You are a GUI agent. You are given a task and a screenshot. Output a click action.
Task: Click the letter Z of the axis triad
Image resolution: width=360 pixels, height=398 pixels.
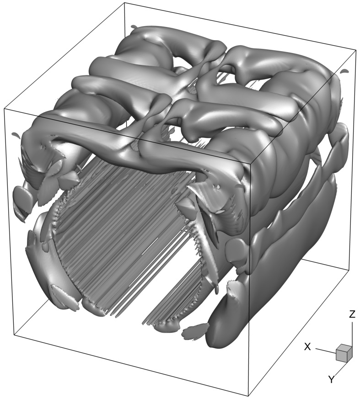pos(352,314)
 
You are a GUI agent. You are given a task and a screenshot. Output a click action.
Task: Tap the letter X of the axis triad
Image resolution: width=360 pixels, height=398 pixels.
pos(307,346)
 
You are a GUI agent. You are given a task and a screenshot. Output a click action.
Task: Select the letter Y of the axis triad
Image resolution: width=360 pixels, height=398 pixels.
pos(331,379)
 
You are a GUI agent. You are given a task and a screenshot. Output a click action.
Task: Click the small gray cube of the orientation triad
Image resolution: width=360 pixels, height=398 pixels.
pos(344,353)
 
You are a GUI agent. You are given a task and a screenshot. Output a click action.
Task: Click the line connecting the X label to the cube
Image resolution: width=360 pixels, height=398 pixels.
pos(326,351)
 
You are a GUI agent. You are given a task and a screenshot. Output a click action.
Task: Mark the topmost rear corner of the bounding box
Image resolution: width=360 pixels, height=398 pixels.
pos(124,3)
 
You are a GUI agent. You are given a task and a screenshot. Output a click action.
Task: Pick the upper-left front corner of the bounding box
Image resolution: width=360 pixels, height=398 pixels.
pos(4,108)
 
